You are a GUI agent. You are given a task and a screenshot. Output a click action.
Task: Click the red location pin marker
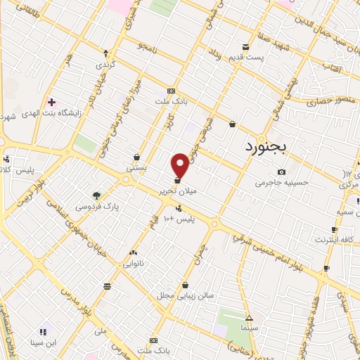click(180, 165)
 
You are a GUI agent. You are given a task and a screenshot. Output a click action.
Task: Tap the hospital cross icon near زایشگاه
click(51, 102)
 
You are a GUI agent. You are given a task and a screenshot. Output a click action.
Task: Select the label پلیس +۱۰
click(179, 219)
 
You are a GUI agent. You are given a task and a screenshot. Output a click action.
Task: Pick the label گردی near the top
click(106, 63)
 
